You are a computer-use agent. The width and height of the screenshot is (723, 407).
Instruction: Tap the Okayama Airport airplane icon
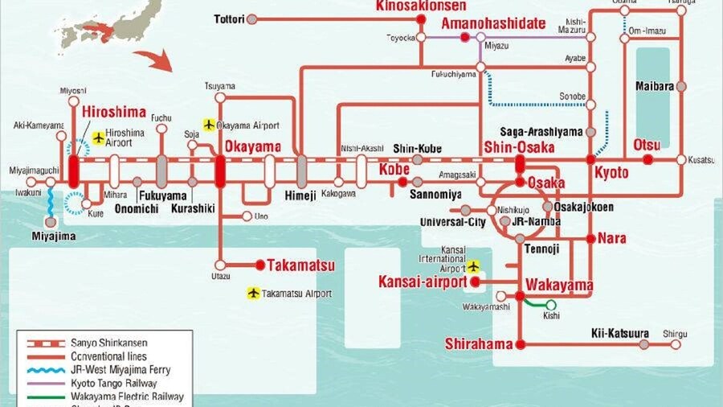coord(209,125)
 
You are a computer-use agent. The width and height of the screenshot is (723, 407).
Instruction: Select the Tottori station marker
coord(252,18)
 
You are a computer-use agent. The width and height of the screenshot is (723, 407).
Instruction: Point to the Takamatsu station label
coord(300,265)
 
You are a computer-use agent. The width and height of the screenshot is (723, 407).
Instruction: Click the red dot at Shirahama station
coord(520,344)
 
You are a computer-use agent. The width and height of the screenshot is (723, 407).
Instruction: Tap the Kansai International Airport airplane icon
coord(473,265)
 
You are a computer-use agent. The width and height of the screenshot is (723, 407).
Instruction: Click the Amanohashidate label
coord(493,23)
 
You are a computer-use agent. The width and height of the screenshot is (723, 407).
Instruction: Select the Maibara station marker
coord(681,86)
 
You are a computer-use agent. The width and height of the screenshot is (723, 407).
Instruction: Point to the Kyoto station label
coord(611,173)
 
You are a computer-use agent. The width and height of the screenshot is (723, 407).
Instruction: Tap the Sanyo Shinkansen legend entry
coord(104,343)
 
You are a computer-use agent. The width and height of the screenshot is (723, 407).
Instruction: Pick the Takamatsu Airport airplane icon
coord(254,294)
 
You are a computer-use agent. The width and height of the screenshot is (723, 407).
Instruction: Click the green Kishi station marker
coord(552,305)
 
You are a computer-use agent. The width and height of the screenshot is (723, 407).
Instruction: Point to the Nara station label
coord(611,239)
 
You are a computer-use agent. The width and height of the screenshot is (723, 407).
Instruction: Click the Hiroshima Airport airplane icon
coord(99,138)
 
